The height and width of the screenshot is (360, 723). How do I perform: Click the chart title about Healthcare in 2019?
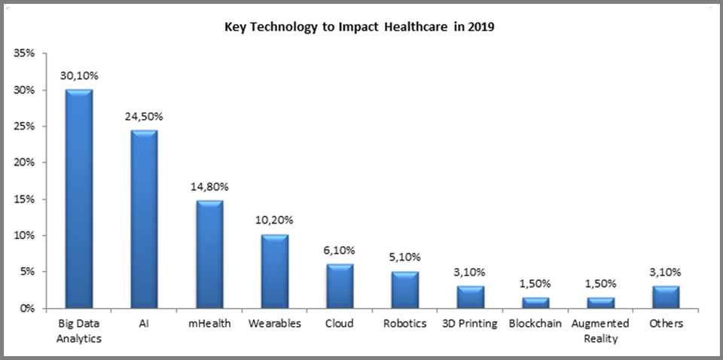[359, 28]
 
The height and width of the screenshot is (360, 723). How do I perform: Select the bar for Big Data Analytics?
[79, 200]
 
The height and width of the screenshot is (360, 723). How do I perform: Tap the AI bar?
[144, 219]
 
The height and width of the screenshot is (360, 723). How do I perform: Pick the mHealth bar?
[209, 255]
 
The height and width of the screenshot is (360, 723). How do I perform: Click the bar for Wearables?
[274, 271]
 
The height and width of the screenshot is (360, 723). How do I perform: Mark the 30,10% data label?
[79, 76]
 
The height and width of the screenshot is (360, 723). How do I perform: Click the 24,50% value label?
[144, 117]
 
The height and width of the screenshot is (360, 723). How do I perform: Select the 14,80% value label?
[209, 187]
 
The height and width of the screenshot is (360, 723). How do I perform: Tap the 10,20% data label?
[274, 221]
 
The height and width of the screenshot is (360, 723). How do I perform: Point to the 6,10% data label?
[340, 250]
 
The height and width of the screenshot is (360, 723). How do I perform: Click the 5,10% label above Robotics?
[404, 258]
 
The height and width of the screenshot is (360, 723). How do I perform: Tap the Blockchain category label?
[535, 324]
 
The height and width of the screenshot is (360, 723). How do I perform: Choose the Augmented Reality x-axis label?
[600, 331]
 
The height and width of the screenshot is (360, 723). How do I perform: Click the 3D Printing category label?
[470, 324]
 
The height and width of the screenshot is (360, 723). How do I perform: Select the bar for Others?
[665, 297]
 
